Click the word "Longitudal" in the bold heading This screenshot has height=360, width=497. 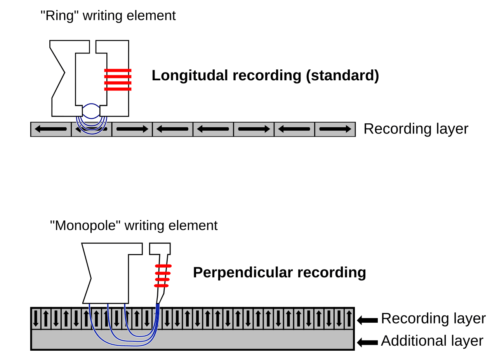190,76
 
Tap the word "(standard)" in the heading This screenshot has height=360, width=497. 342,76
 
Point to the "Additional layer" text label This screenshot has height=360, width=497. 432,341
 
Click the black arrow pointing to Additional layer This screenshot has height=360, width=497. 367,342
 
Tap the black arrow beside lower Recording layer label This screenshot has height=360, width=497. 367,320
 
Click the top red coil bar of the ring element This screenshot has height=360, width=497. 118,71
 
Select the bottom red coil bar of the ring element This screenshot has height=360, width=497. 118,89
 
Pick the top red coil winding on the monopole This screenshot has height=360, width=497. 163,266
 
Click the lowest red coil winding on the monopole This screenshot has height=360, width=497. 161,286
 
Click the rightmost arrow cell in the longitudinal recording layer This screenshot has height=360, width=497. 335,129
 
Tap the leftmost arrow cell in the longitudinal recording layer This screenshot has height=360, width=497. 51,129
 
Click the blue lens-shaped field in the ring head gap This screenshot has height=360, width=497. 91,111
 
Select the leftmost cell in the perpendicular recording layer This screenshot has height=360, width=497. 36,318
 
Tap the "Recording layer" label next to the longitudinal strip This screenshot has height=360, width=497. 416,129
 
